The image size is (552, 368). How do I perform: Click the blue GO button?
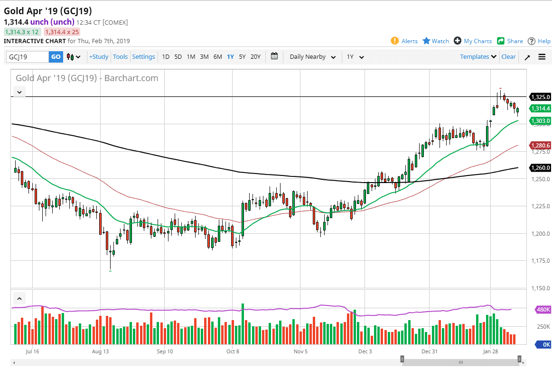click(56, 57)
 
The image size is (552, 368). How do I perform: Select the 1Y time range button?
click(230, 57)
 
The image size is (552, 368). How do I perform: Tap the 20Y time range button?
click(255, 57)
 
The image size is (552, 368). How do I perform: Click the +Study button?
click(99, 57)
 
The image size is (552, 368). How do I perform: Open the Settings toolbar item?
click(143, 57)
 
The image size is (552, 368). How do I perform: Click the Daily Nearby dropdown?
click(312, 57)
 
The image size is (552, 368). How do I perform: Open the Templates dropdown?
click(478, 57)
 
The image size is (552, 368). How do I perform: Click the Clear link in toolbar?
click(508, 57)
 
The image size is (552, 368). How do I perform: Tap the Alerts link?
click(404, 41)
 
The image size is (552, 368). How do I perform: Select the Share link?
click(510, 41)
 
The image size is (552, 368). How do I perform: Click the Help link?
click(539, 41)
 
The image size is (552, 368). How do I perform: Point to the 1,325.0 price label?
click(541, 97)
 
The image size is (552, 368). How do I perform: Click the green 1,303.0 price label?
click(541, 121)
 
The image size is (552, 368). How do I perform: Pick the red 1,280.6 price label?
click(541, 146)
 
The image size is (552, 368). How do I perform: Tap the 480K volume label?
click(543, 310)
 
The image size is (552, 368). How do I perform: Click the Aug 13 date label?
click(100, 351)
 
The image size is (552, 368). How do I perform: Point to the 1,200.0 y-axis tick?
click(540, 234)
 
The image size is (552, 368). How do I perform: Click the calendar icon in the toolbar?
click(274, 56)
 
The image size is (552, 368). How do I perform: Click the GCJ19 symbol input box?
click(27, 57)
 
